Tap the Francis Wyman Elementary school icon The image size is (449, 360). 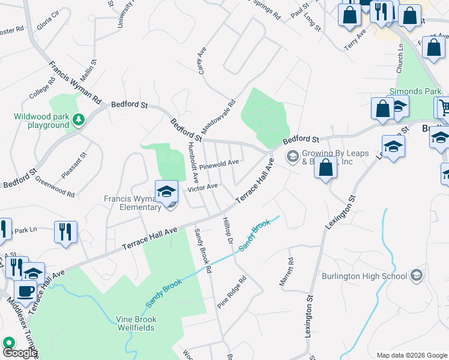coord(166,193)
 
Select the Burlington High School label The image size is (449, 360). coord(373,276)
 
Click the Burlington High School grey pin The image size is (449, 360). coord(415,276)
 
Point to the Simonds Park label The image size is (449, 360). coord(407,91)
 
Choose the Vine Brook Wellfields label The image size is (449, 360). coord(136,323)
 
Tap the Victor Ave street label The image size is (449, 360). coord(202,187)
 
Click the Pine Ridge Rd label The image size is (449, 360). coord(232,292)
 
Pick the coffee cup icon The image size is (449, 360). coord(25,291)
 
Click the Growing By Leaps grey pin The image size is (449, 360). coord(292,157)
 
